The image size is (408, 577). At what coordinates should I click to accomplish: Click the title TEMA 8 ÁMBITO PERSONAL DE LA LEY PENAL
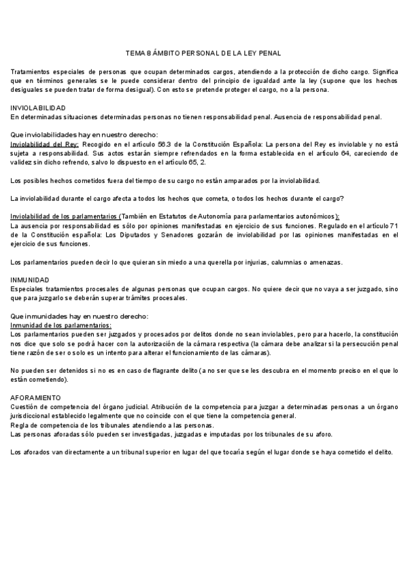pos(203,53)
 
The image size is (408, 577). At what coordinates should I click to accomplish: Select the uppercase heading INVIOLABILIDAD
pos(38,108)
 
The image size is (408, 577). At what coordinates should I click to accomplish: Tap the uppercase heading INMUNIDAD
pos(29,280)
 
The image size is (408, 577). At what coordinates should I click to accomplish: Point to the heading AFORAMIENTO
pos(36,396)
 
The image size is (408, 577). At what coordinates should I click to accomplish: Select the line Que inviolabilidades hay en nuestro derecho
pos(84,135)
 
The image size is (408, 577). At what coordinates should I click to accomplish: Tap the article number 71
pos(392,225)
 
